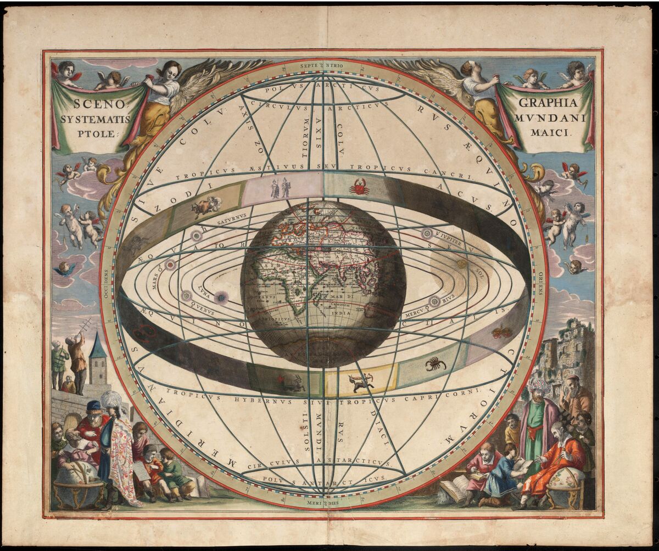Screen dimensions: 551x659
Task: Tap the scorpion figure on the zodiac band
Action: pos(434,363)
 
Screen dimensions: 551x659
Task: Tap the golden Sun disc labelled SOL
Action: pos(461,264)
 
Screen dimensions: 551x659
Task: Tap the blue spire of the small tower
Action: pos(97,345)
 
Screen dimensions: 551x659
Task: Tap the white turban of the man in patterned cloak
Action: pos(111,399)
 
